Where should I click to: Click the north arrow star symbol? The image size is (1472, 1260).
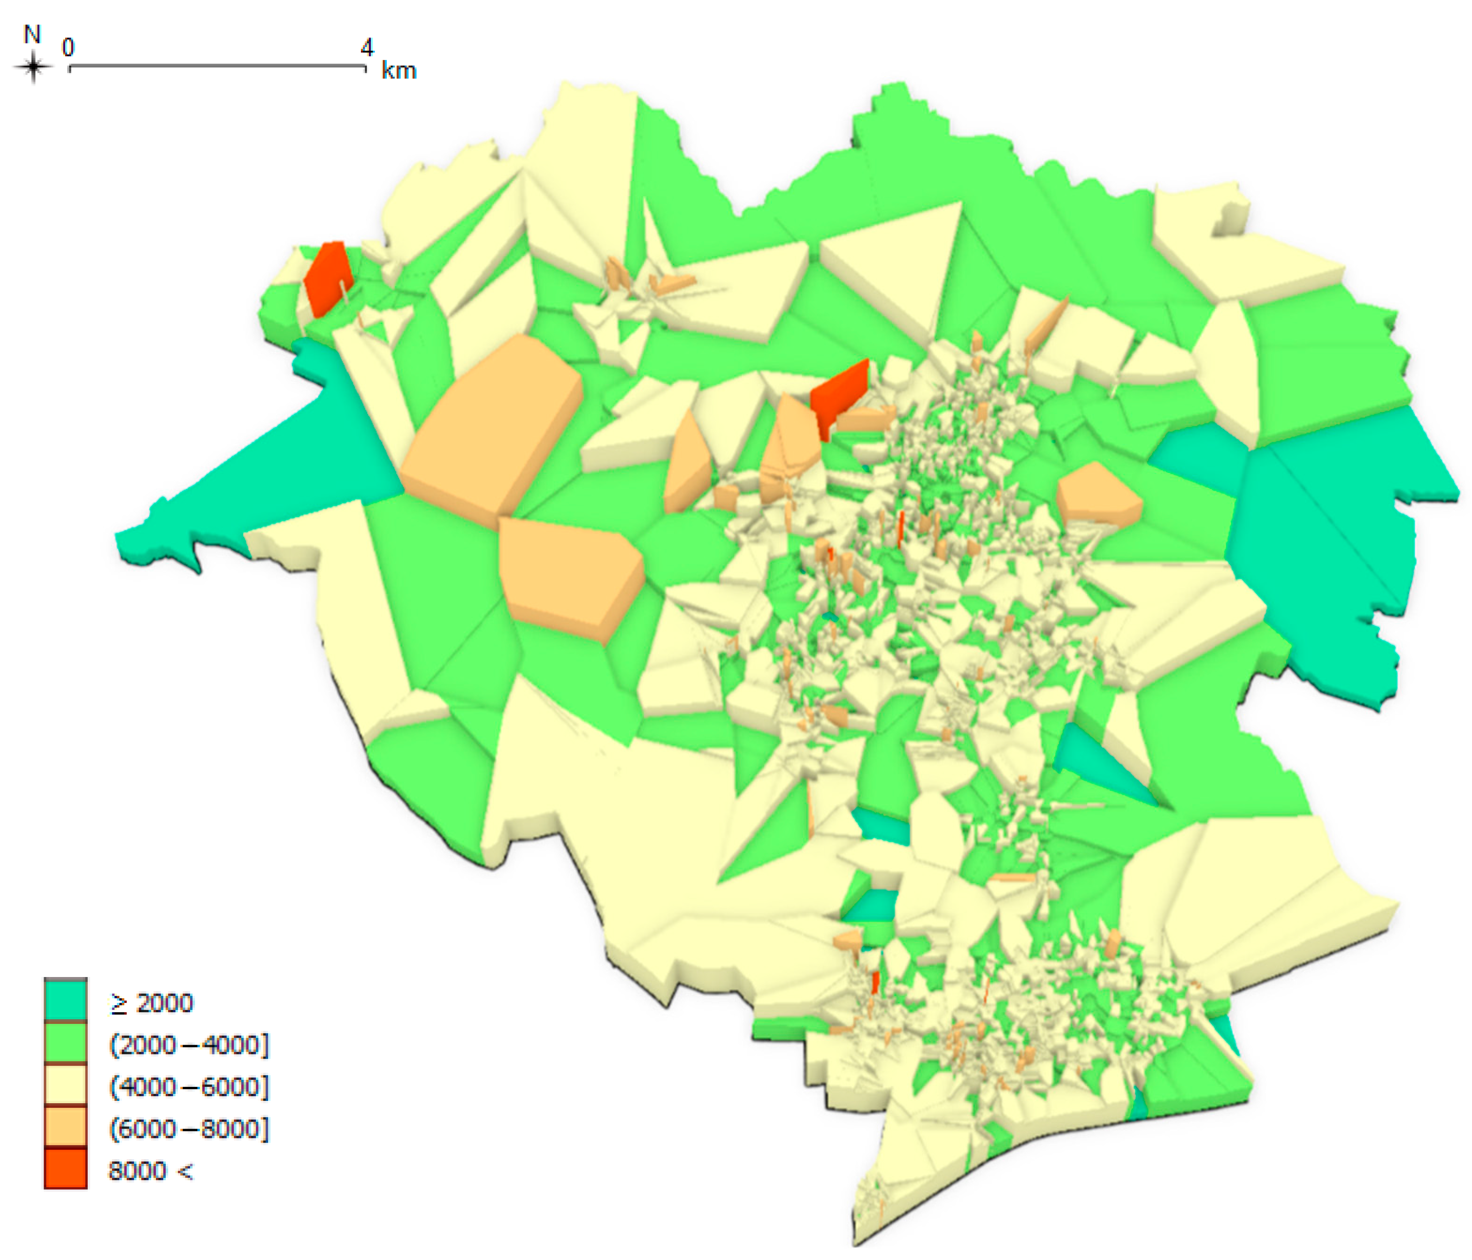[x=33, y=68]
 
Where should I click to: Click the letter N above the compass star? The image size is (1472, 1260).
[x=32, y=34]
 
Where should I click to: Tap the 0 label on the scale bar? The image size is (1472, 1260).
[x=68, y=47]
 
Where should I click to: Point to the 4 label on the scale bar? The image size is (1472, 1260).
[x=367, y=47]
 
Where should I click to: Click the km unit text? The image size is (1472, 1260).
[x=399, y=70]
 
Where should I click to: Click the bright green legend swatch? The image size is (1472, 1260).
[x=65, y=1042]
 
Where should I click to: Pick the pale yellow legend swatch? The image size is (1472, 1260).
[x=65, y=1084]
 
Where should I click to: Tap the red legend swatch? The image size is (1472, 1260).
[x=65, y=1168]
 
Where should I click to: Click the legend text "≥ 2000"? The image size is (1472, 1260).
[x=152, y=1003]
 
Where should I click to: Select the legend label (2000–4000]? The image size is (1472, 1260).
[x=189, y=1045]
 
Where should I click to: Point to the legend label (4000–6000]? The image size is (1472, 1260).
[x=189, y=1087]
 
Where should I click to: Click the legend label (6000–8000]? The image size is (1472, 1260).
[x=189, y=1129]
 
